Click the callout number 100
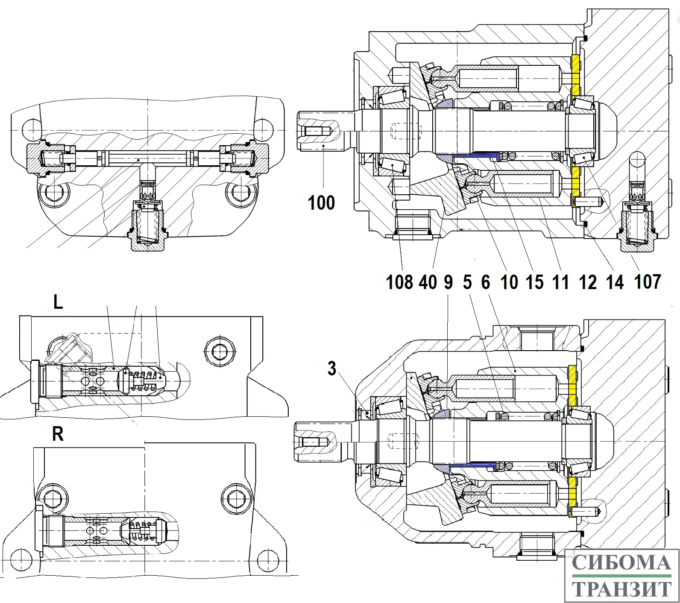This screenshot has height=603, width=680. (x=321, y=202)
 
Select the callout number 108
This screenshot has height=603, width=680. (x=399, y=282)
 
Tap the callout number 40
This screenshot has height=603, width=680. (x=428, y=282)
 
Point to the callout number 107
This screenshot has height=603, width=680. (x=648, y=281)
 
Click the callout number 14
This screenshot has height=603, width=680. (x=615, y=282)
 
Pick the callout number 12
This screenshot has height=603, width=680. (x=588, y=282)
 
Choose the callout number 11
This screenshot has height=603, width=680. (x=560, y=282)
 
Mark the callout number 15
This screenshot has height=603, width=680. (x=534, y=282)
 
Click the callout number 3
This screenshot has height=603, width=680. (x=332, y=368)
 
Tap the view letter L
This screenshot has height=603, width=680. (x=58, y=302)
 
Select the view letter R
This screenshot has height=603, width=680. (x=58, y=434)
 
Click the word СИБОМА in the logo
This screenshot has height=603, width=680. (x=621, y=562)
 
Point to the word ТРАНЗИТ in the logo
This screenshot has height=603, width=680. (x=621, y=589)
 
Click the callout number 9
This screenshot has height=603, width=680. (x=448, y=282)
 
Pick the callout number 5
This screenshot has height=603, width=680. (x=467, y=282)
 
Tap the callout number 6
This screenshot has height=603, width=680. (x=486, y=282)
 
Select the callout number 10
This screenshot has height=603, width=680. (x=509, y=282)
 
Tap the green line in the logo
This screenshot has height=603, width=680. (x=621, y=576)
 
